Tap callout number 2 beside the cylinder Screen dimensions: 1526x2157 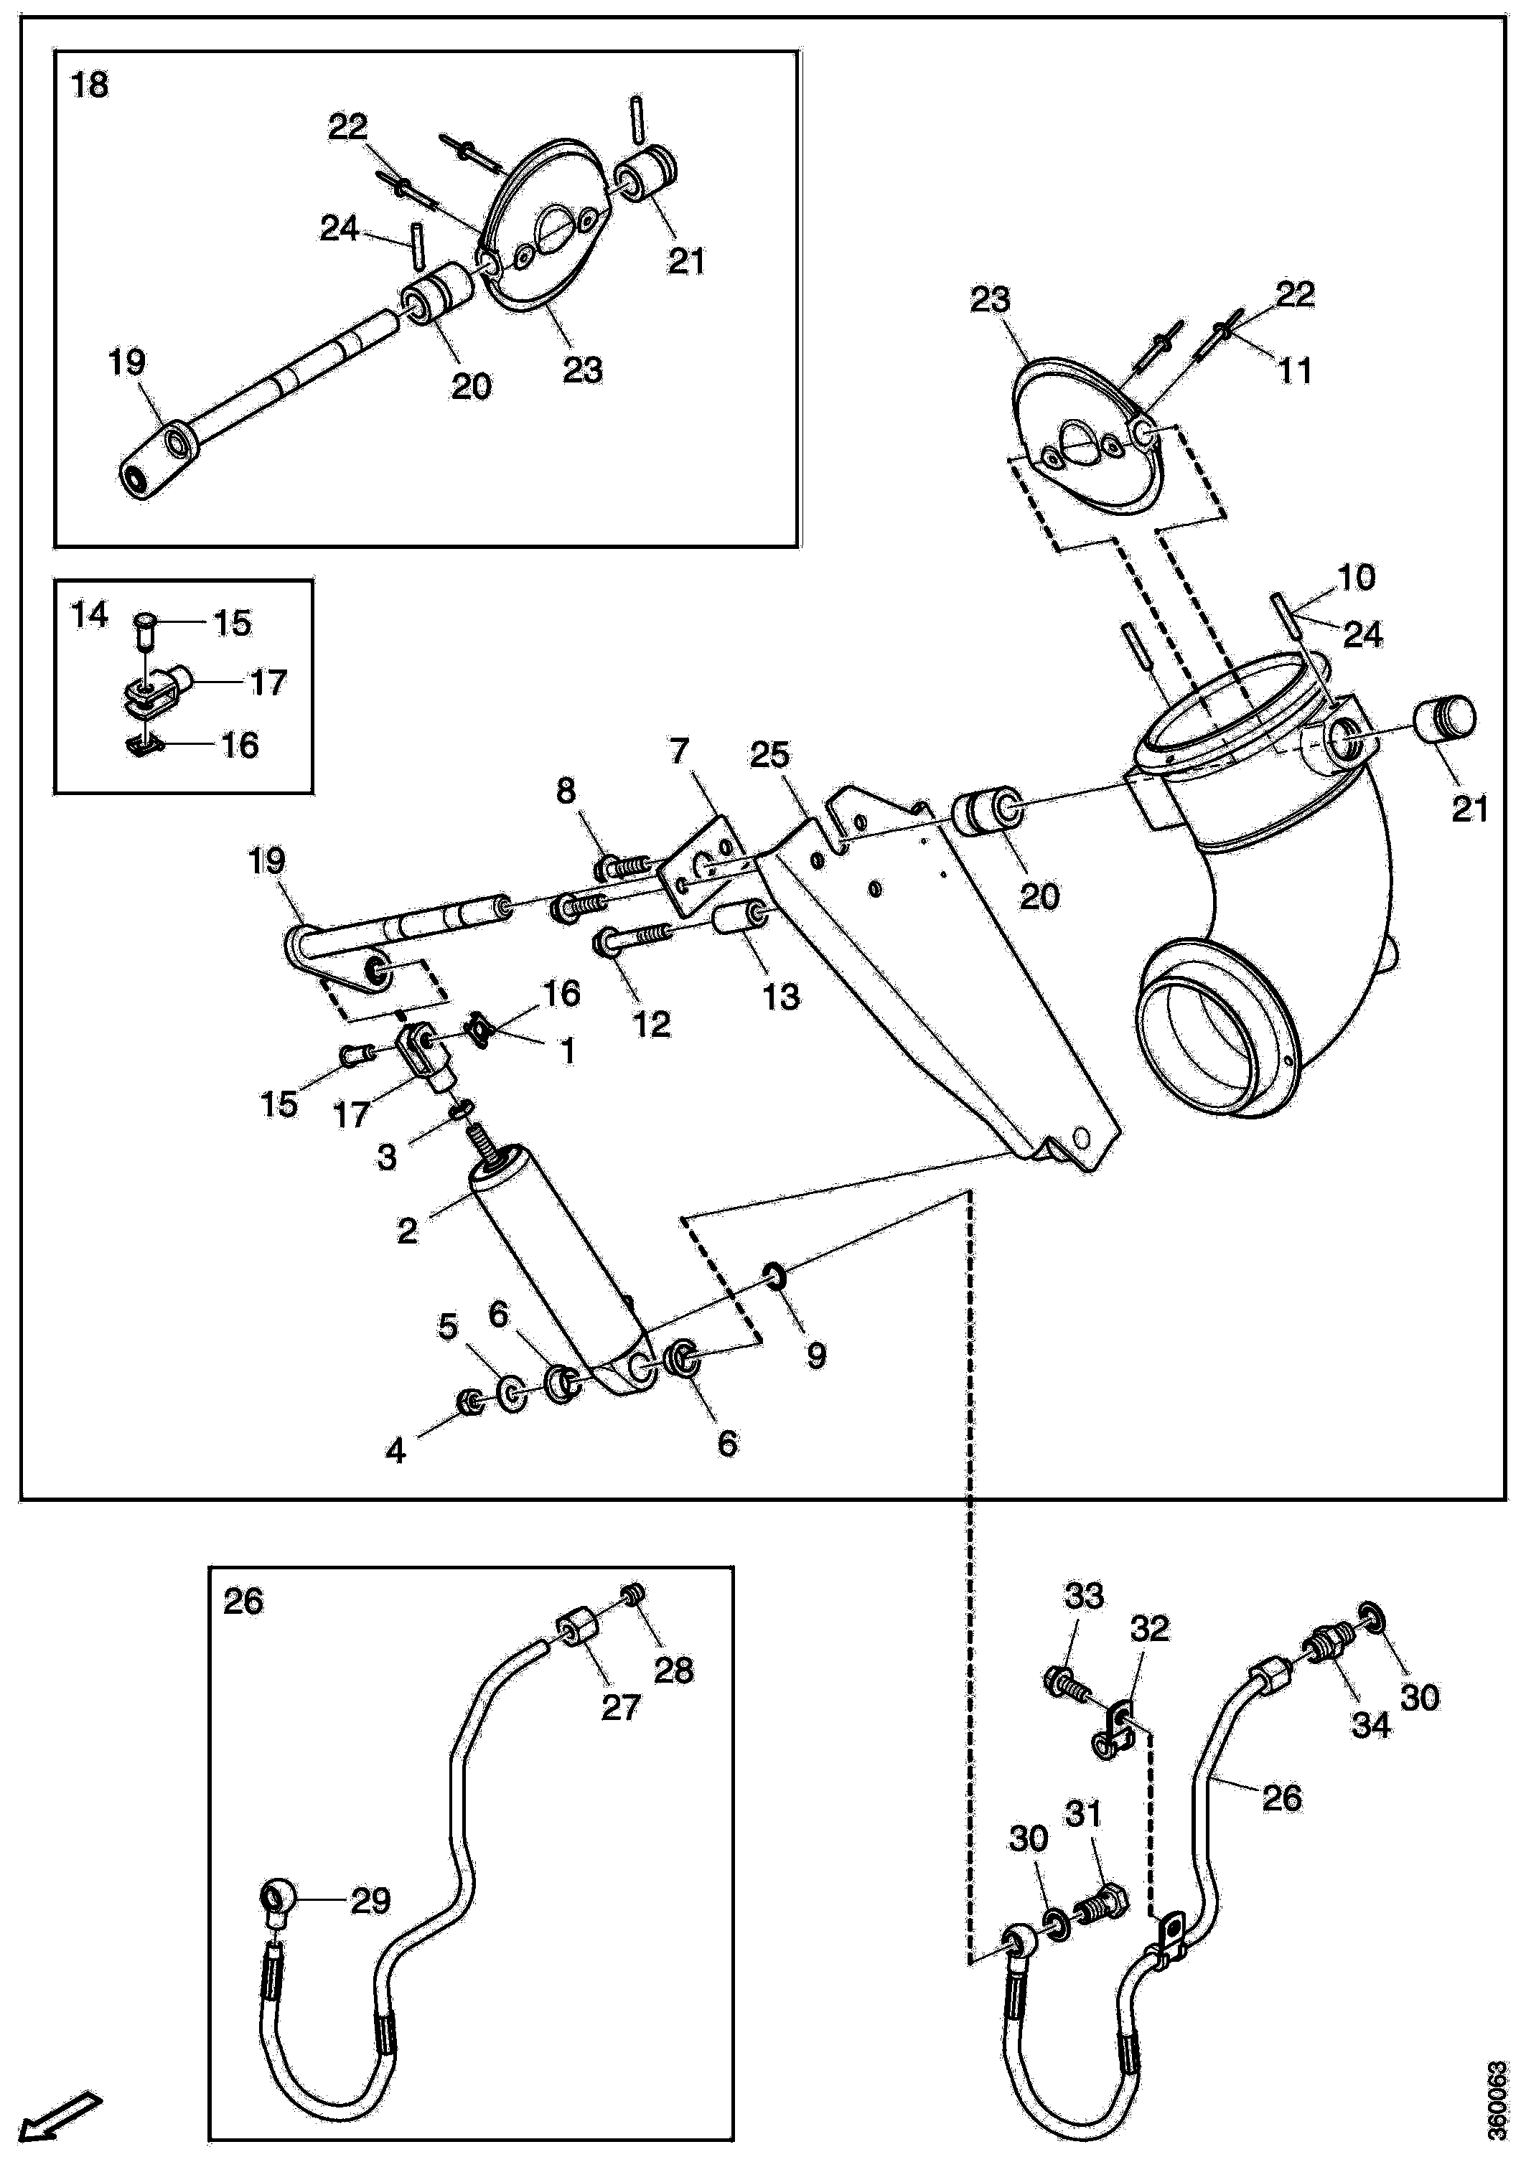tap(406, 1230)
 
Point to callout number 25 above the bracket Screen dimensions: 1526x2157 tap(769, 754)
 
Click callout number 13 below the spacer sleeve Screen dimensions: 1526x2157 tap(781, 996)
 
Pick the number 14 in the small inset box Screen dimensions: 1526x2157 tap(90, 616)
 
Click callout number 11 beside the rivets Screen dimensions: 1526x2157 tap(1295, 371)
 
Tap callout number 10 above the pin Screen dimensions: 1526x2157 tap(1356, 577)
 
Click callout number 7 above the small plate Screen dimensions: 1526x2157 tap(678, 751)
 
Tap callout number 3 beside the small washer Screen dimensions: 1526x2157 tap(386, 1157)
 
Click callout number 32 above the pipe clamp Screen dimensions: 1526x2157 tap(1149, 1628)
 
